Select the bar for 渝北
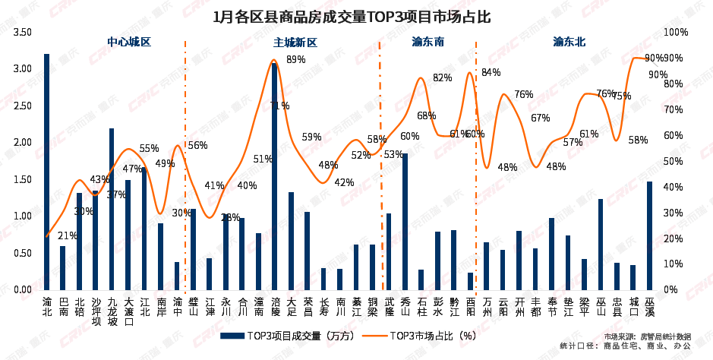(x=47, y=172)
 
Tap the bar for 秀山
(x=405, y=221)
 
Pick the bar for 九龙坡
(x=112, y=209)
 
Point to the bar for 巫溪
(x=649, y=235)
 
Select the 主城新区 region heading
(x=295, y=43)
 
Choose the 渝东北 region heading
(x=569, y=43)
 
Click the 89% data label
(x=296, y=59)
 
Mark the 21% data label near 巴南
(x=67, y=235)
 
